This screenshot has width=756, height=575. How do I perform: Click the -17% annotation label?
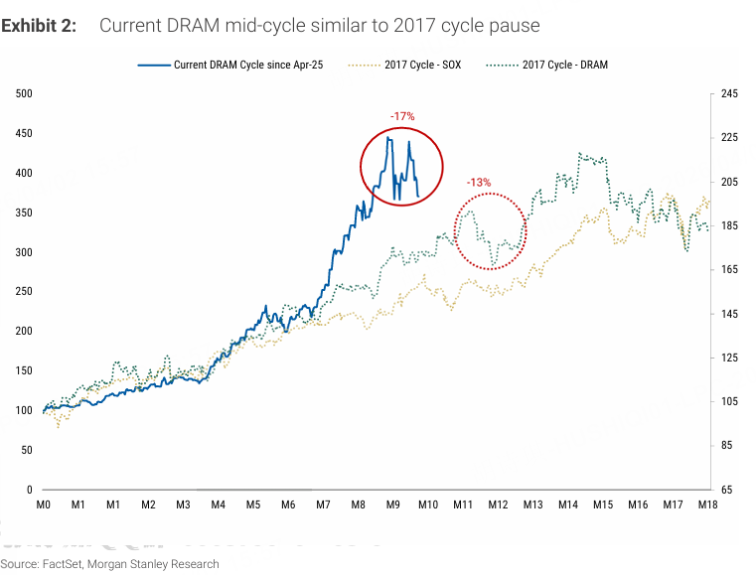[402, 117]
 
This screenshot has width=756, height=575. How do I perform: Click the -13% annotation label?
[479, 183]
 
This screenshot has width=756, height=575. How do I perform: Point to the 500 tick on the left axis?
[24, 94]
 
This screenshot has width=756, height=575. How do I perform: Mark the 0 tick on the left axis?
[30, 490]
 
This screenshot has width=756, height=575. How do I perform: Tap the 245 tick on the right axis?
[729, 94]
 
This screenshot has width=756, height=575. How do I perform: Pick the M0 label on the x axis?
[44, 505]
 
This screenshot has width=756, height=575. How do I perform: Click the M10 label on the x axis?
[427, 505]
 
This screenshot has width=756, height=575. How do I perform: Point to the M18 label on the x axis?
[706, 505]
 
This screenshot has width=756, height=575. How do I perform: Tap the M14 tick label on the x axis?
[567, 505]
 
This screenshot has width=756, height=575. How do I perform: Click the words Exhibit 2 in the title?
[38, 25]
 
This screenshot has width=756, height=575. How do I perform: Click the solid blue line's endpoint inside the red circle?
[418, 196]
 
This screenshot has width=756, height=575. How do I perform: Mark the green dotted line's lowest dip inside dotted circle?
[493, 265]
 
